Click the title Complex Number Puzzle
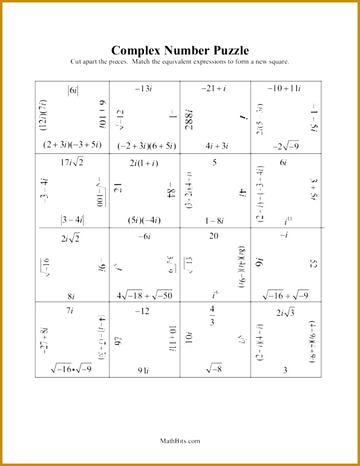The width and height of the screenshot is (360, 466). (x=180, y=50)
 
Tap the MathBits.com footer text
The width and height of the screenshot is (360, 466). (x=180, y=441)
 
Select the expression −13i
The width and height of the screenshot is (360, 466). (x=143, y=89)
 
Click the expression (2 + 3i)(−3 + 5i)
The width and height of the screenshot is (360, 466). (x=72, y=145)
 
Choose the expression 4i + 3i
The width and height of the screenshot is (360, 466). (x=216, y=145)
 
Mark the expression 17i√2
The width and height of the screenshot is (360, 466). (x=71, y=162)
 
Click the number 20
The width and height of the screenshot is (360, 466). (x=214, y=236)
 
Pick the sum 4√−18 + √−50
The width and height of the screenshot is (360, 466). (x=145, y=295)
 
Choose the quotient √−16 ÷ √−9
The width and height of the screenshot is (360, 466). (x=285, y=295)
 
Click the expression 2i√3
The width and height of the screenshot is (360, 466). (x=285, y=312)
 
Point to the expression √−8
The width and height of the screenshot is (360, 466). (x=214, y=368)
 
